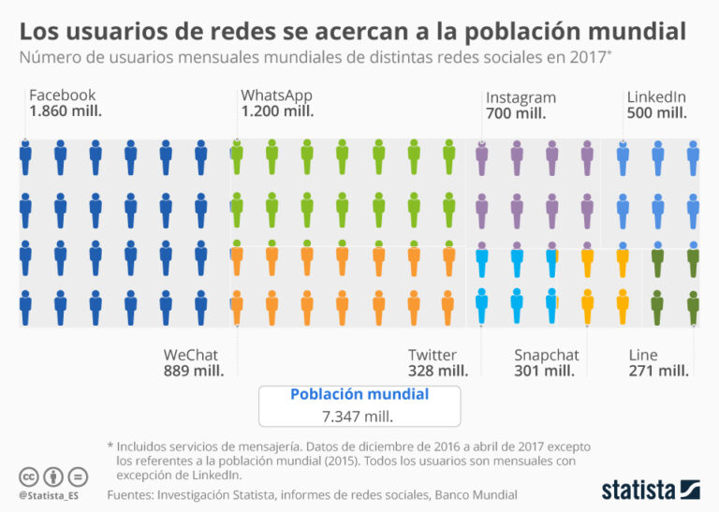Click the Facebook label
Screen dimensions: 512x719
(x=62, y=95)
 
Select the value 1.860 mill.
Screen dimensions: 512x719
(x=66, y=110)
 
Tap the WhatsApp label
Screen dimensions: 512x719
(x=276, y=95)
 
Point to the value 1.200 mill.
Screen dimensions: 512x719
(x=277, y=110)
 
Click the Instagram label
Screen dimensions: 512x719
(x=521, y=97)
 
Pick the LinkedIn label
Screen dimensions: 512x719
(x=656, y=96)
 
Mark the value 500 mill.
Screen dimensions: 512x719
(x=656, y=112)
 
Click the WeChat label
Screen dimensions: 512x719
(x=191, y=355)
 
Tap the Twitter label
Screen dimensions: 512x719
(x=433, y=355)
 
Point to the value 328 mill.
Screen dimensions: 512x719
(x=438, y=371)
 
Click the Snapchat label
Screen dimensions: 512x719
(x=547, y=355)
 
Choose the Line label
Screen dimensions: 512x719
(x=643, y=355)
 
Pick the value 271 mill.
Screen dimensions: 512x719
(x=659, y=371)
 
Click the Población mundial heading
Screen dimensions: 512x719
(x=359, y=394)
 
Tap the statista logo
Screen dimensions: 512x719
(x=650, y=489)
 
